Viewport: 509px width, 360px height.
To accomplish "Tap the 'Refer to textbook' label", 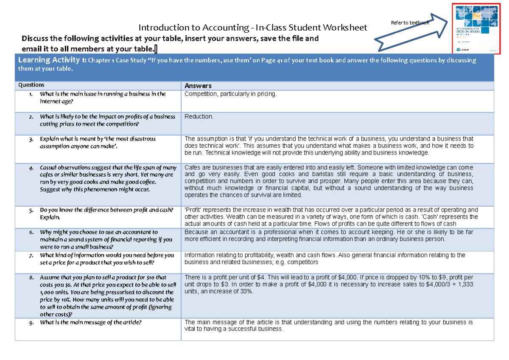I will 410,22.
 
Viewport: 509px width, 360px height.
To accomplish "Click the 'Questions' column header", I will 31,85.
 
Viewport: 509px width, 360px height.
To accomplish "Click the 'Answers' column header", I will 198,85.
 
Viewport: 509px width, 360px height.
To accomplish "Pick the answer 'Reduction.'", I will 199,116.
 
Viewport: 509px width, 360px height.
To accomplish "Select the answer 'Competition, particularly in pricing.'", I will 230,94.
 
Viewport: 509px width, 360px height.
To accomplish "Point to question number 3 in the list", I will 31,139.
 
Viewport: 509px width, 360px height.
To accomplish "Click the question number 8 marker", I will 31,278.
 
